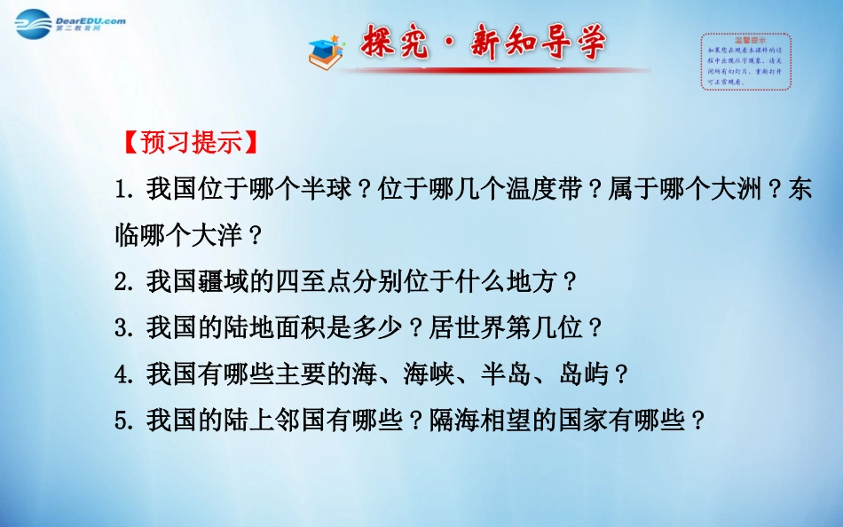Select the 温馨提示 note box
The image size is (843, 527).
745,61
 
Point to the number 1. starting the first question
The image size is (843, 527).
125,189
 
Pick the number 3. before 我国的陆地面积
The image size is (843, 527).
125,328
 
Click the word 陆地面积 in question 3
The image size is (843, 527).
262,328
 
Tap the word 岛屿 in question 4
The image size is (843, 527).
584,374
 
